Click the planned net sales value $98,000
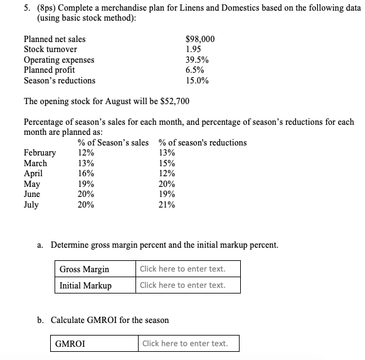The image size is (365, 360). point(200,39)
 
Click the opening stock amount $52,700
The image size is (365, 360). point(175,102)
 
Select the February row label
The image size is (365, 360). point(40,153)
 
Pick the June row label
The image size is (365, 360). point(32,194)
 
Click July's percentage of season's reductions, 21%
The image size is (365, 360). point(167,205)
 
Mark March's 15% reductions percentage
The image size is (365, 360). point(167,163)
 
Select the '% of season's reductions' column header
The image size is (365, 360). point(203,143)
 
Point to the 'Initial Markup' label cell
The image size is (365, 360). point(85,285)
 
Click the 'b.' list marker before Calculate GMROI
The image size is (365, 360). point(41,320)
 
